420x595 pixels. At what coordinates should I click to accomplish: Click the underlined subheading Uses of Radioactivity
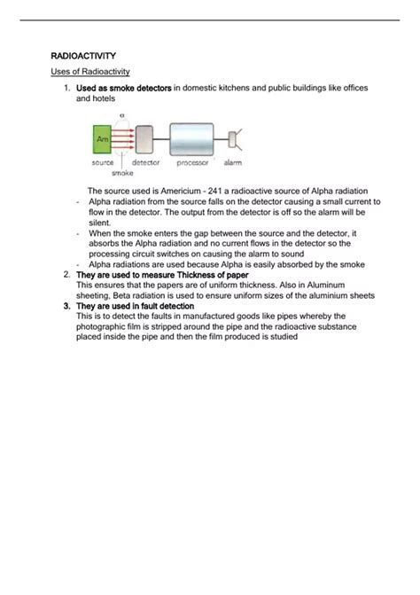click(91, 71)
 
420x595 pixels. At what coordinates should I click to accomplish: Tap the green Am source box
click(102, 140)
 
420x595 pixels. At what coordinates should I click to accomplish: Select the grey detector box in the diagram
click(144, 139)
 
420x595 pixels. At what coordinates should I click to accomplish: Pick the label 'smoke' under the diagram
click(122, 174)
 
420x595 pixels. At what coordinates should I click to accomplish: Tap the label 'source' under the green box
click(103, 162)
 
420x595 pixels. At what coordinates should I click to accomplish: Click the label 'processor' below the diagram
click(191, 162)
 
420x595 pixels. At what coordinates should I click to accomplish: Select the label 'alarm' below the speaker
click(233, 162)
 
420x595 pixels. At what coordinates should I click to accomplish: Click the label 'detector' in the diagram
click(145, 162)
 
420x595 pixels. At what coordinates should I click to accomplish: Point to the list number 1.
click(66, 89)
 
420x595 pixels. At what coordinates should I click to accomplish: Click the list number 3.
click(66, 305)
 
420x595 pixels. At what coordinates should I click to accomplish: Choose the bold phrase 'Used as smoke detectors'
click(123, 89)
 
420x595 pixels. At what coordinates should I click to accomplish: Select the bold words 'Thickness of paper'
click(210, 275)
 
